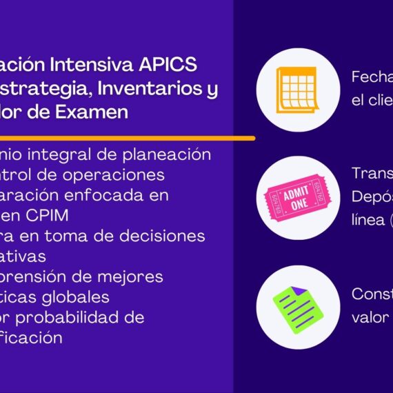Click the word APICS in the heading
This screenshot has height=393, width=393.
pyautogui.click(x=171, y=64)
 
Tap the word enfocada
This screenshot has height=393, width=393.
pyautogui.click(x=112, y=195)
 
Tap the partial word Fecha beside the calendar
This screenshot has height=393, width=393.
pyautogui.click(x=372, y=77)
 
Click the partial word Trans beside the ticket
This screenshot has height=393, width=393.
pyautogui.click(x=372, y=173)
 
